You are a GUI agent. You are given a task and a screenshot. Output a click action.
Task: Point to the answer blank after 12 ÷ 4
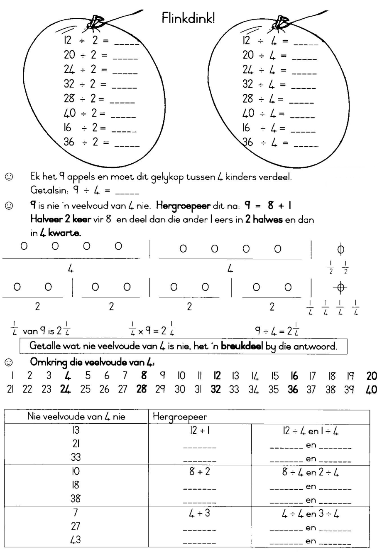pyautogui.click(x=306, y=43)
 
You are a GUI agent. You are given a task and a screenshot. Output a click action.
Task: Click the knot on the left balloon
pyautogui.click(x=95, y=21)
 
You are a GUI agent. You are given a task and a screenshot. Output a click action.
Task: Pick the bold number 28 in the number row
pyautogui.click(x=142, y=390)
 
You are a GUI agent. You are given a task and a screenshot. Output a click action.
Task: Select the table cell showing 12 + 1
pyautogui.click(x=199, y=431)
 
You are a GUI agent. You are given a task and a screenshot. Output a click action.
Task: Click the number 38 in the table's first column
pyautogui.click(x=76, y=498)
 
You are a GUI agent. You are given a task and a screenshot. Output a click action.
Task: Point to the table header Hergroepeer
pyautogui.click(x=180, y=416)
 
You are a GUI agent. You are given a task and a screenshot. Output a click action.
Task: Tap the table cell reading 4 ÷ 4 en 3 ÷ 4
pyautogui.click(x=310, y=513)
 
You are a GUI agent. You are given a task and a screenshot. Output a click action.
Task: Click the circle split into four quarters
pyautogui.click(x=340, y=287)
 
